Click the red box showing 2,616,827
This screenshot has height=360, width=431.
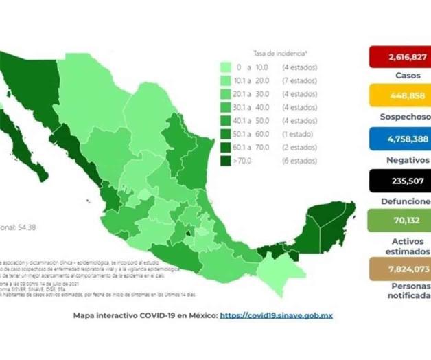click(399, 56)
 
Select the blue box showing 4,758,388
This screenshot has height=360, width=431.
click(399, 138)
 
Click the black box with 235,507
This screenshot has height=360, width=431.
click(399, 180)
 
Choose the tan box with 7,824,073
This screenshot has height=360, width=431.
click(399, 268)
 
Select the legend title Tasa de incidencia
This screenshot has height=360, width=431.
click(281, 52)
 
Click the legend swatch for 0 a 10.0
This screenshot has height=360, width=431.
click(225, 68)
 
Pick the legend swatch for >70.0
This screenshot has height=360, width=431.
click(225, 161)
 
